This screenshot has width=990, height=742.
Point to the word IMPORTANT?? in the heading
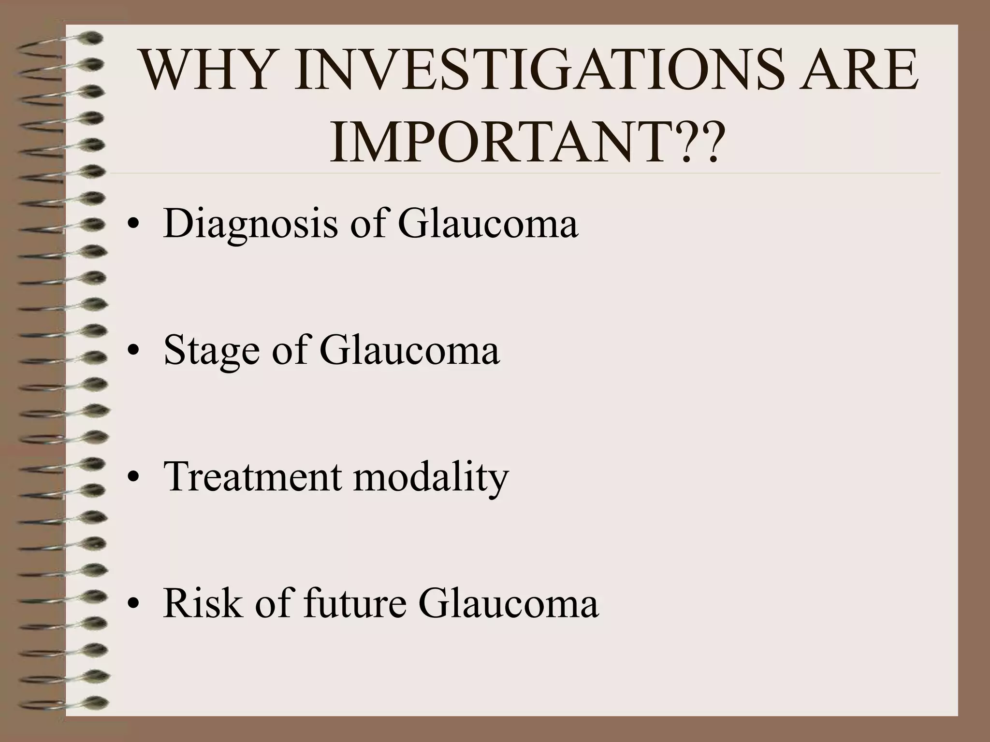point(527,141)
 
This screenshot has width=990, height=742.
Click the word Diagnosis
point(250,225)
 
